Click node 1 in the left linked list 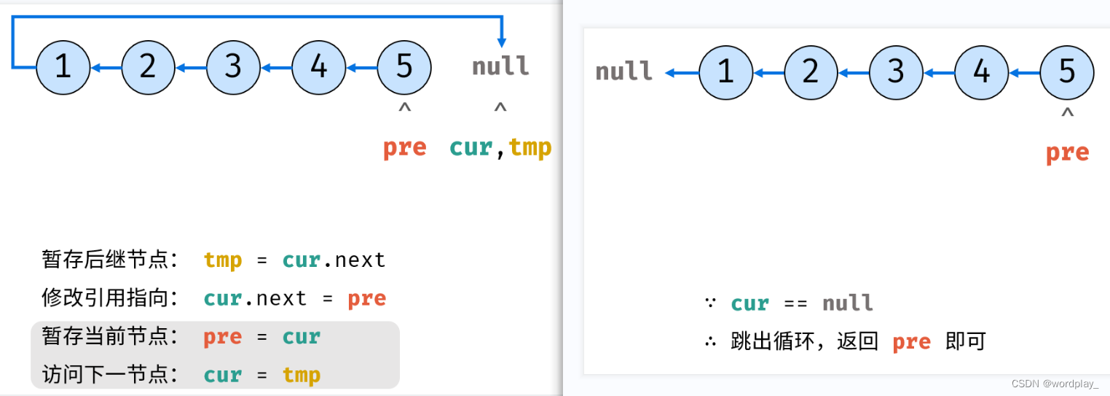pos(63,68)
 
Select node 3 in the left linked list pos(233,68)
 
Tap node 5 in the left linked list pos(404,68)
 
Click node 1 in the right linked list pos(725,72)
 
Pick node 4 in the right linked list pos(981,72)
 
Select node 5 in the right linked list pos(1066,72)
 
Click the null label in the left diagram pos(500,67)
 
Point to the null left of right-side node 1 pos(623,72)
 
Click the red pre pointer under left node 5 pos(404,147)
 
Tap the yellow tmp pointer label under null pos(530,147)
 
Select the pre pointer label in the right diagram pos(1067,152)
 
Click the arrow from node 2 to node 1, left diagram pos(106,69)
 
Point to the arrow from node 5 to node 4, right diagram pos(1024,73)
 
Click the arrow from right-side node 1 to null pos(682,73)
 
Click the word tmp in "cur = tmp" pos(302,375)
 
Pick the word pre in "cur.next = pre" pos(366,298)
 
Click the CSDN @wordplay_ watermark pos(1059,383)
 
